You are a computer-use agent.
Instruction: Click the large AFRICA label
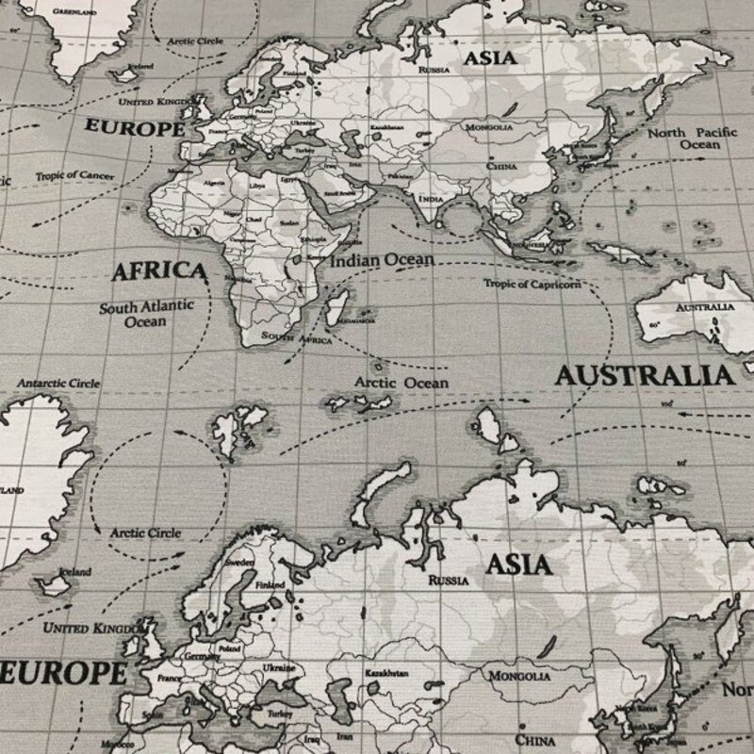[x=158, y=271]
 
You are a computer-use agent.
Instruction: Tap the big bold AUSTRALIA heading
[x=644, y=375]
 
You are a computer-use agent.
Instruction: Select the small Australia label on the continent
[x=705, y=307]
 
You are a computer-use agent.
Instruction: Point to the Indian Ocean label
[x=382, y=258]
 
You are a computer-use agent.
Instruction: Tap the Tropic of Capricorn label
[x=533, y=284]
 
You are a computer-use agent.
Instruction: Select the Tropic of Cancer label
[x=75, y=176]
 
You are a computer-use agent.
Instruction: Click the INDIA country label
[x=430, y=200]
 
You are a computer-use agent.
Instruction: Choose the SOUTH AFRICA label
[x=297, y=336]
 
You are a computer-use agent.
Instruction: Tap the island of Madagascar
[x=337, y=304]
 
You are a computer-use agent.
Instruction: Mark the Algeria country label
[x=215, y=184]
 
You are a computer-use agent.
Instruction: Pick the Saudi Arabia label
[x=339, y=193]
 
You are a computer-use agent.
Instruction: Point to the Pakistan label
[x=400, y=176]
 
